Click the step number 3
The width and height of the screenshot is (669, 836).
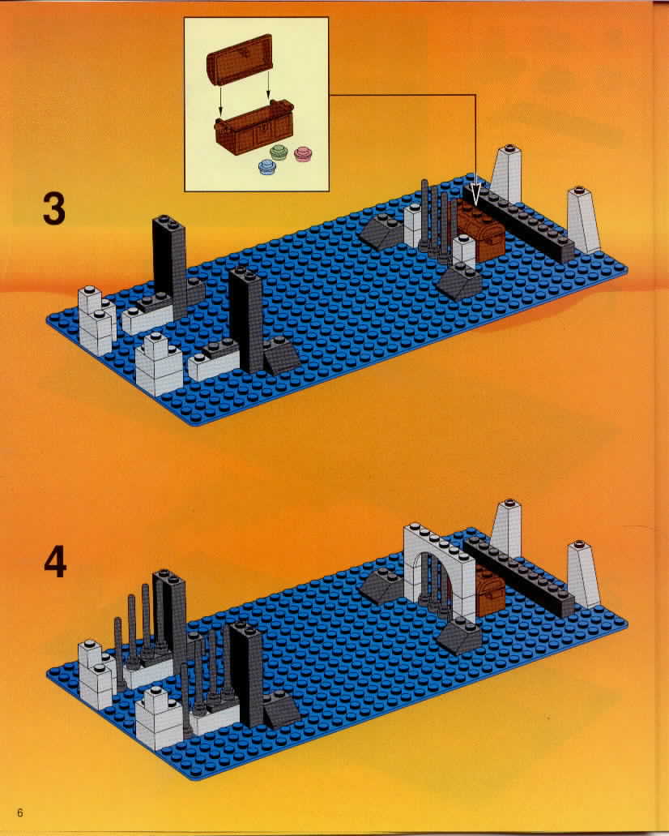click(x=54, y=208)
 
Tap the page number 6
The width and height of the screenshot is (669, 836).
click(x=20, y=812)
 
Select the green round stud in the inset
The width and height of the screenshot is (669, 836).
click(x=279, y=152)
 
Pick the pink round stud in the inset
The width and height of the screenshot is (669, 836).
click(x=303, y=154)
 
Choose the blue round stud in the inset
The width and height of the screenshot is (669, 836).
click(x=267, y=167)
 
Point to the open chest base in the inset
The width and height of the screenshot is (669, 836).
click(x=254, y=128)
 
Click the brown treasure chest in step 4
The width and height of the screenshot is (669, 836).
click(x=489, y=589)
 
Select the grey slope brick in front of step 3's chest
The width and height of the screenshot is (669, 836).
click(x=458, y=281)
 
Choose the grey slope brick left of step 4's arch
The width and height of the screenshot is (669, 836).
click(x=381, y=585)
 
